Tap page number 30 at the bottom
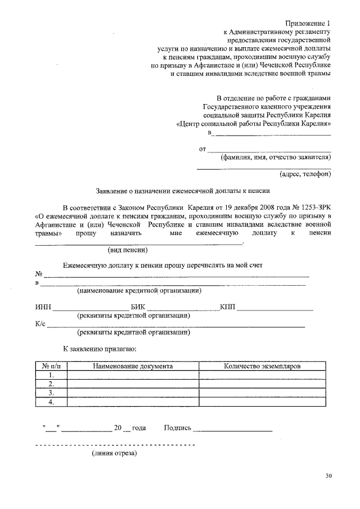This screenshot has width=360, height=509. click(x=328, y=476)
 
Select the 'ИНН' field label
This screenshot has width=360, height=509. click(x=43, y=307)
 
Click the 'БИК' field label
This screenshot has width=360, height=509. click(x=138, y=307)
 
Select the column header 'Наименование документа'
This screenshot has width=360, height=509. click(x=133, y=366)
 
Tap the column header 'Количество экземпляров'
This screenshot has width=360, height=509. click(x=262, y=366)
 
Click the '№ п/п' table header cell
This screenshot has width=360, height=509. click(x=51, y=366)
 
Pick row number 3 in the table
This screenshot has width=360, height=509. click(x=51, y=393)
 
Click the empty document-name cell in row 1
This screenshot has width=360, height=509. click(x=133, y=375)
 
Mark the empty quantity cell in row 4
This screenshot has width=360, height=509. click(x=262, y=402)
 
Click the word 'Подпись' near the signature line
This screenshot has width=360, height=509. click(x=178, y=428)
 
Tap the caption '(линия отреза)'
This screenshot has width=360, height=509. click(x=114, y=453)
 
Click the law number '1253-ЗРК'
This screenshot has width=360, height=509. click(x=316, y=207)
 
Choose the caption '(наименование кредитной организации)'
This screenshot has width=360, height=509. click(x=139, y=291)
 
